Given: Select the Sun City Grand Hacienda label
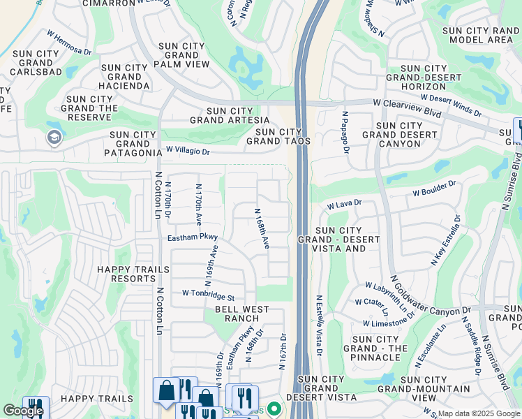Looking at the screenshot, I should (x=126, y=77).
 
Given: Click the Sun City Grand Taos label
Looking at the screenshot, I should (x=282, y=136).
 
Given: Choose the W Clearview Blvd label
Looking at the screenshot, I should (x=408, y=103).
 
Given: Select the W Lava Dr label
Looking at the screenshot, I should (x=345, y=204).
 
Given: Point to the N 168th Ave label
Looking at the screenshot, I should (x=262, y=229).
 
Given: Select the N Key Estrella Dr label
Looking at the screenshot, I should (x=447, y=241).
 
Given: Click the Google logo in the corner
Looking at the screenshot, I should (x=23, y=411).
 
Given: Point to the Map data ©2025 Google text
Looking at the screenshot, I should (x=478, y=413).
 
